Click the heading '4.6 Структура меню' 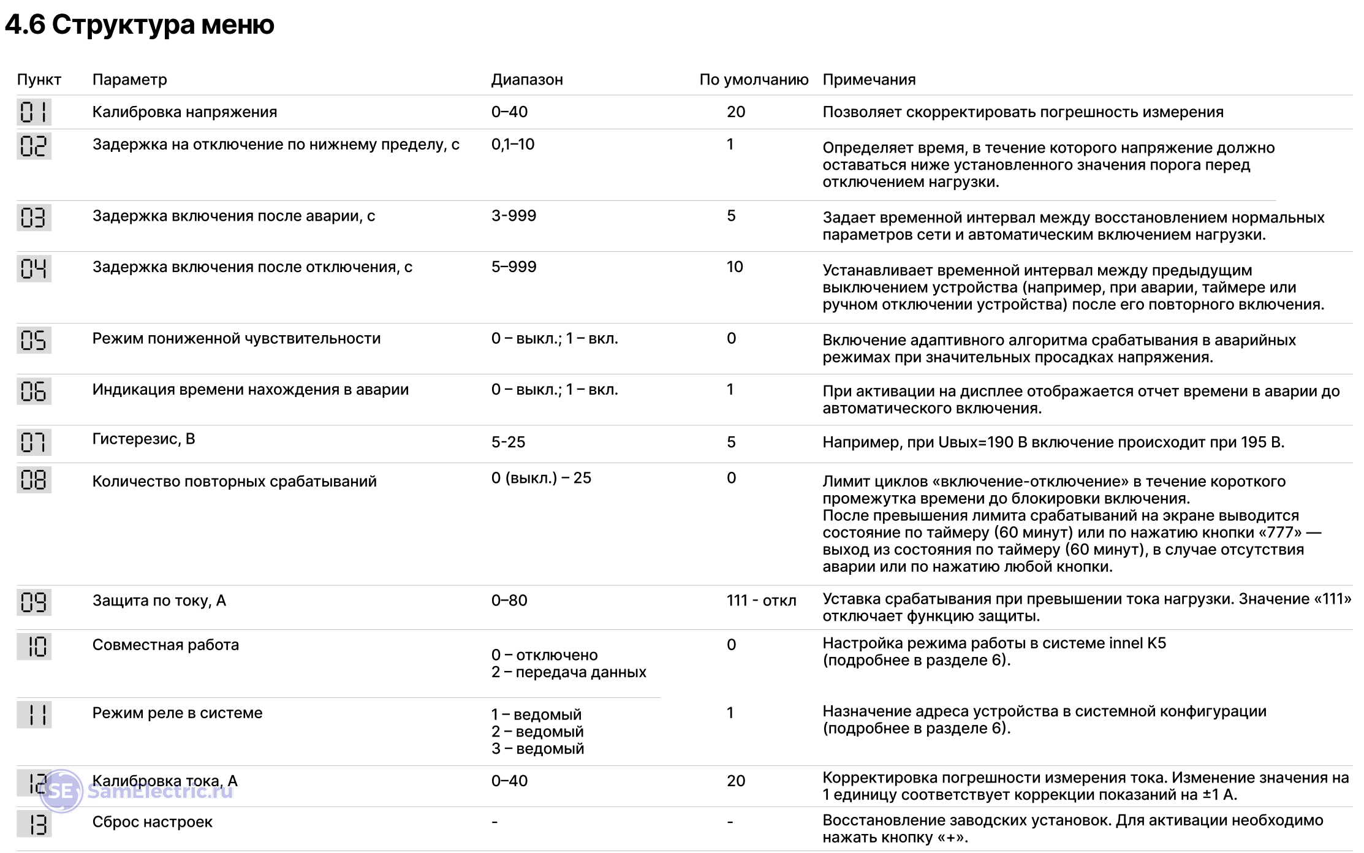pyautogui.click(x=140, y=25)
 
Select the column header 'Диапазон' pyautogui.click(x=527, y=80)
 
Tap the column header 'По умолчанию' pyautogui.click(x=754, y=80)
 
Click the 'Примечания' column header pyautogui.click(x=869, y=80)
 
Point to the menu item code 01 pyautogui.click(x=34, y=112)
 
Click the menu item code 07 pyautogui.click(x=34, y=442)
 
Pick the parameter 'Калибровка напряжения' pyautogui.click(x=184, y=112)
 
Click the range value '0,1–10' pyautogui.click(x=513, y=145)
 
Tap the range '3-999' pyautogui.click(x=513, y=216)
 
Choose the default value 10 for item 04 pyautogui.click(x=735, y=267)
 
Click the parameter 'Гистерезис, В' pyautogui.click(x=143, y=439)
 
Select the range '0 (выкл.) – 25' pyautogui.click(x=541, y=478)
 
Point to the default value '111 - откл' pyautogui.click(x=761, y=601)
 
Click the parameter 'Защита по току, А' pyautogui.click(x=159, y=601)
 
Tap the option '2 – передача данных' pyautogui.click(x=569, y=672)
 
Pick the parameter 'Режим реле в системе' pyautogui.click(x=177, y=713)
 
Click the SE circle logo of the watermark pyautogui.click(x=61, y=791)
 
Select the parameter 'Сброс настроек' pyautogui.click(x=152, y=822)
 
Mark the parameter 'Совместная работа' pyautogui.click(x=165, y=645)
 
